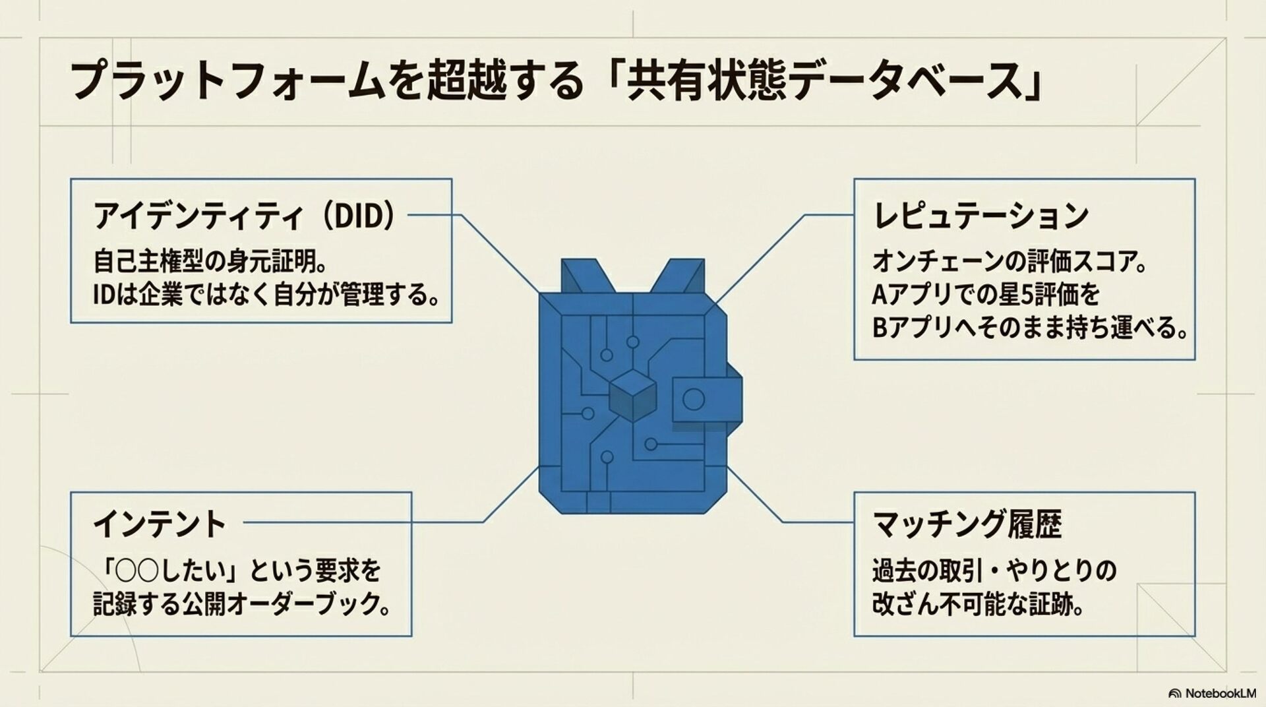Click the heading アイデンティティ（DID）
click(x=244, y=216)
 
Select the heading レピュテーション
click(x=980, y=216)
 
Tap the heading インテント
click(x=160, y=524)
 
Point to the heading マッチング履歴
click(x=967, y=524)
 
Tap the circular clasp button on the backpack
click(x=693, y=399)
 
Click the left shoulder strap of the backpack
click(x=580, y=277)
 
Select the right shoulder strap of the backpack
click(x=680, y=277)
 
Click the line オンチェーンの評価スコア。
click(x=1010, y=261)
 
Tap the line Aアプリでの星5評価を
click(x=986, y=295)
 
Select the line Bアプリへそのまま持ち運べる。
click(x=1029, y=328)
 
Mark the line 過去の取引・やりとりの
click(x=994, y=570)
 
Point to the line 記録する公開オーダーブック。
click(x=241, y=604)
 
